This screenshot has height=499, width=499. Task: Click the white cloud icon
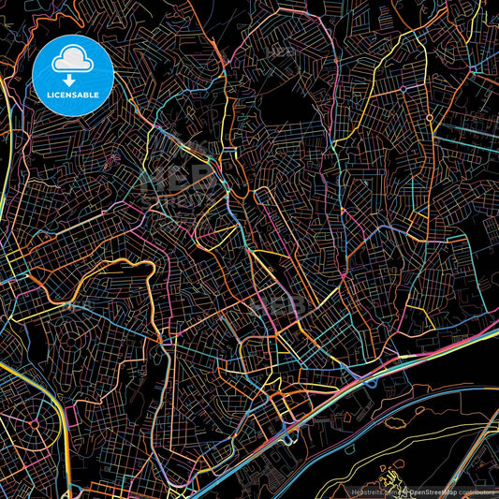point(72,61)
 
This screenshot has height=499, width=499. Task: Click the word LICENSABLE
point(72,96)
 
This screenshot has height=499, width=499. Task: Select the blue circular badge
point(73,74)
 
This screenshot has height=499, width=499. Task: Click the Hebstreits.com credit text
point(371,492)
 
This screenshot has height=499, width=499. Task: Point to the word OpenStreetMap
point(435,492)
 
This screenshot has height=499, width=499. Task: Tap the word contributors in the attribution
point(478,492)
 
